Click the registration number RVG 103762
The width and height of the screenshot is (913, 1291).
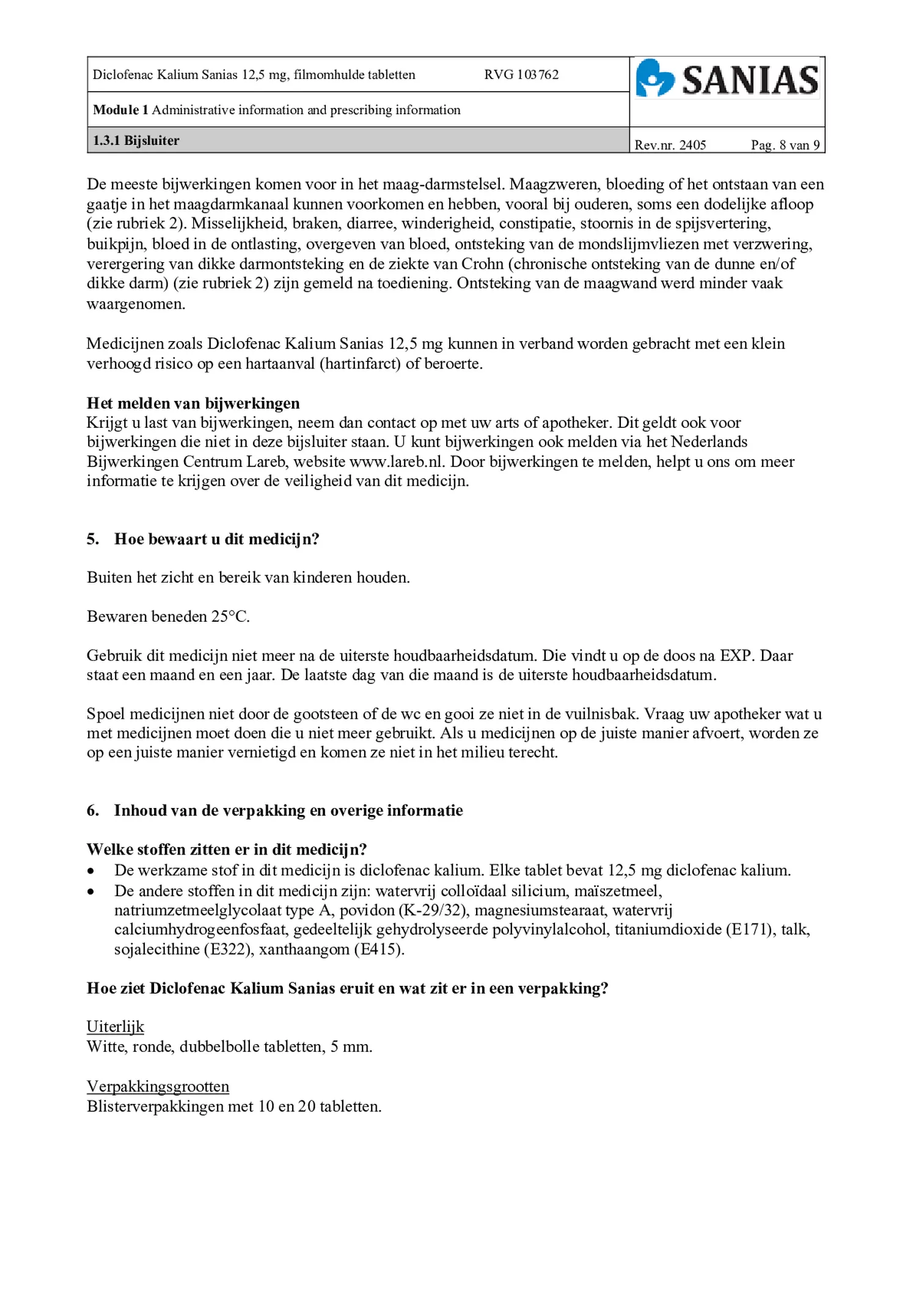(x=521, y=75)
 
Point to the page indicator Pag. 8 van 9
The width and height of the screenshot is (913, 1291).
(x=785, y=145)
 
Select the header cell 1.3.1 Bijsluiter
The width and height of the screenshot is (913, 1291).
(x=136, y=141)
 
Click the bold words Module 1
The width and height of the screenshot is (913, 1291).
(x=120, y=110)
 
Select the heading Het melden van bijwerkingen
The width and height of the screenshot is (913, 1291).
(x=193, y=403)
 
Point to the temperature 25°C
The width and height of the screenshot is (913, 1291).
(x=230, y=617)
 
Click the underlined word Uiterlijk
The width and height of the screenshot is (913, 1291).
(x=115, y=1026)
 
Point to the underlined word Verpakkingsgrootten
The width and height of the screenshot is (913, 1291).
(x=158, y=1086)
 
